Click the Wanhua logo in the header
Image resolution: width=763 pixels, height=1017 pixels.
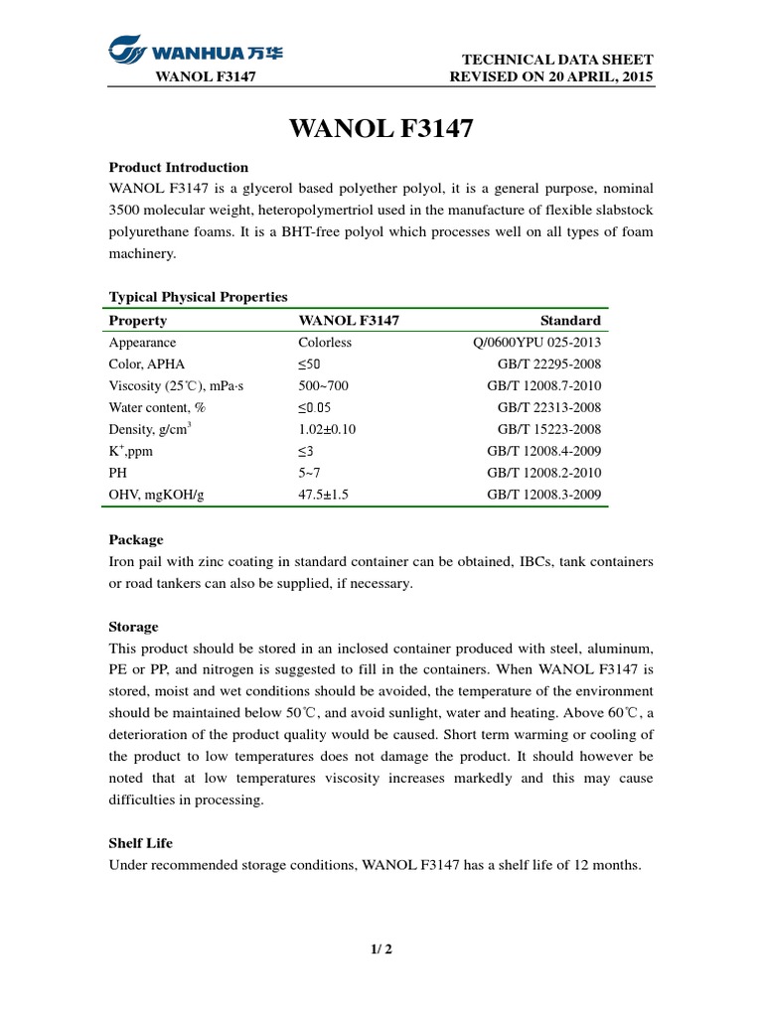pyautogui.click(x=195, y=49)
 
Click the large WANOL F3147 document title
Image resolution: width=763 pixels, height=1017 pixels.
pyautogui.click(x=381, y=129)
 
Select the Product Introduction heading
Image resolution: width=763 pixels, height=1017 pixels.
pyautogui.click(x=178, y=167)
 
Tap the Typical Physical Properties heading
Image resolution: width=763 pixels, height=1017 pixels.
pyautogui.click(x=198, y=297)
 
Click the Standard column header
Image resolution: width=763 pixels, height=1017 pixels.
pyautogui.click(x=570, y=320)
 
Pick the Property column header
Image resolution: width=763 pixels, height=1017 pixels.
pyautogui.click(x=137, y=320)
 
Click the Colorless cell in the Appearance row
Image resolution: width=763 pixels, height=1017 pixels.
pyautogui.click(x=325, y=343)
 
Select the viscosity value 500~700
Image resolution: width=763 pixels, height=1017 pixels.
pyautogui.click(x=324, y=385)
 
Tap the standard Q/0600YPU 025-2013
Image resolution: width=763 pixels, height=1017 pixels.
pyautogui.click(x=536, y=343)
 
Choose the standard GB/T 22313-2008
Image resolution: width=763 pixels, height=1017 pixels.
pyautogui.click(x=548, y=407)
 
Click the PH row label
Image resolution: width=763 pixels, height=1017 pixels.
pyautogui.click(x=118, y=473)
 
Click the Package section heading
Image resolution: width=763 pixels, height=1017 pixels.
pyautogui.click(x=135, y=540)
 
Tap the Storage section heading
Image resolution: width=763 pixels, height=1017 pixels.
pyautogui.click(x=132, y=627)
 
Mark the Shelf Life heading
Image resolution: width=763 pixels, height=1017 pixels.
pyautogui.click(x=140, y=843)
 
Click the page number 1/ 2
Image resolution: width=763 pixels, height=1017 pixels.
pyautogui.click(x=381, y=948)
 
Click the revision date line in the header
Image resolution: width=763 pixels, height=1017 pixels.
pyautogui.click(x=551, y=77)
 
